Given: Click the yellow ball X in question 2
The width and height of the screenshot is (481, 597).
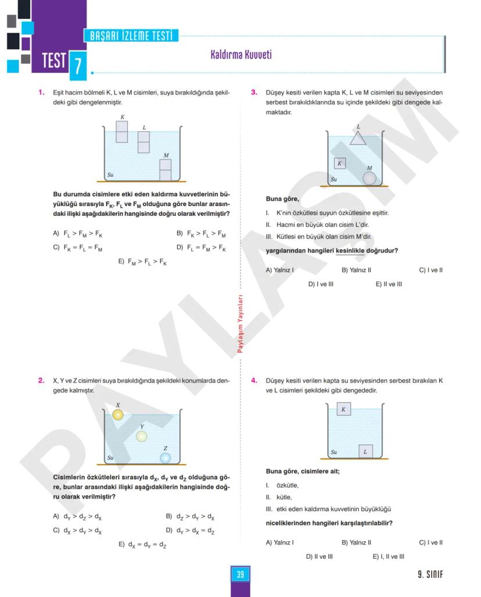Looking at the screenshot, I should pos(118,414).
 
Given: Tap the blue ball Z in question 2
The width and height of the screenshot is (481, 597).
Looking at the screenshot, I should pos(166,458).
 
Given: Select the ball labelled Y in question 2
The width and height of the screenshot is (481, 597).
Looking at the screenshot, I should pos(142,436).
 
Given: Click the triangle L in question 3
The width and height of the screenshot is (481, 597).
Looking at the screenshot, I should pos(358,138).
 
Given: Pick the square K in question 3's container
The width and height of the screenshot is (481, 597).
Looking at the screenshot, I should pos(340,164).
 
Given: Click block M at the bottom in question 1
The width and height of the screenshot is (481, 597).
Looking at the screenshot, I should pos(166,170).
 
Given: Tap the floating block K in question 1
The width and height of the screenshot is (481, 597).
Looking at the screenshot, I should pos(121,132).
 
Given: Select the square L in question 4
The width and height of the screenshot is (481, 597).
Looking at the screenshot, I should pos(365,451).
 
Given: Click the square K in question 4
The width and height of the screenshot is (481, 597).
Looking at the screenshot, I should pos(343,410).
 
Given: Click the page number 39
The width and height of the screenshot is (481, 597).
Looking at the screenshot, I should pos(240,575).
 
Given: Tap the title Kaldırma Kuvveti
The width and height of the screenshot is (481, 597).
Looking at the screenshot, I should pos(241,55).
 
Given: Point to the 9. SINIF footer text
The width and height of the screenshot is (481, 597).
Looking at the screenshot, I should pos(430,575).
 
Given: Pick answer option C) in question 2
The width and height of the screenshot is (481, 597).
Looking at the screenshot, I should pos(77,530).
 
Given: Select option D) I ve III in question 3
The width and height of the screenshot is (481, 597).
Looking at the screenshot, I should pos(321,284).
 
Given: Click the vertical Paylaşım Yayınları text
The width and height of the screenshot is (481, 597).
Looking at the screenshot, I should pos(240,324).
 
